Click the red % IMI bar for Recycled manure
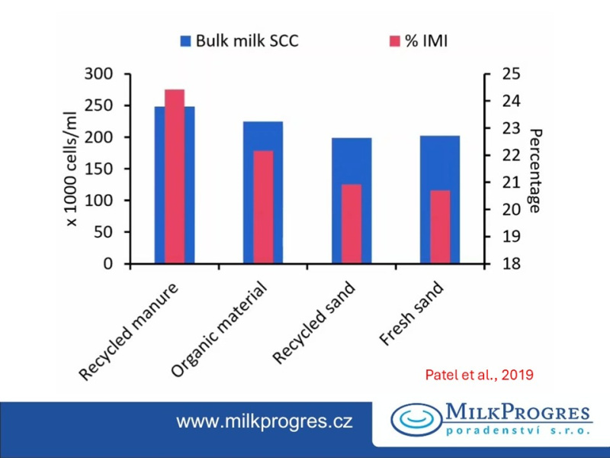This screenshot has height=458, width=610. coord(175,177)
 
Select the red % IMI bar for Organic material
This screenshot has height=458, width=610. coord(263,208)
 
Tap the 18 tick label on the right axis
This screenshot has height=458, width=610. coord(509,264)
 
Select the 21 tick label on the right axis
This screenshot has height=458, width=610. coord(509,182)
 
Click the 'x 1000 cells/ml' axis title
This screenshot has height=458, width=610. coord(73,169)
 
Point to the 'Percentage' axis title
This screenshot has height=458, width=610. coord(535,169)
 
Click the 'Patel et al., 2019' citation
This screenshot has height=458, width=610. coord(478,375)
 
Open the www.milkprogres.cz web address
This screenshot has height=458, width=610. coord(265,421)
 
